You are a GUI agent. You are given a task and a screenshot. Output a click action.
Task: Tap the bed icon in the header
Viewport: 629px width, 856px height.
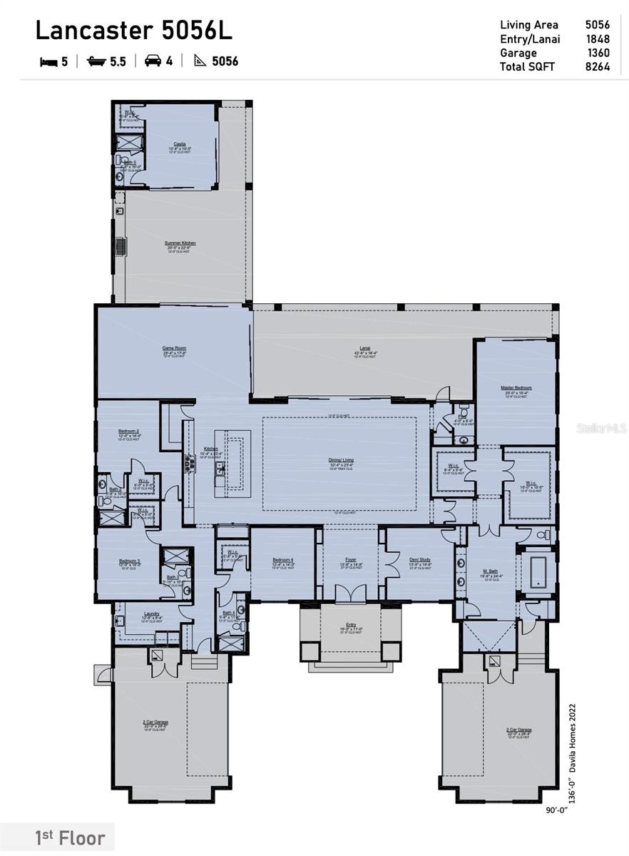coord(48,62)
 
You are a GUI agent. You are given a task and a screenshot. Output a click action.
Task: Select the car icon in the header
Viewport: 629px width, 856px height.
coord(153,61)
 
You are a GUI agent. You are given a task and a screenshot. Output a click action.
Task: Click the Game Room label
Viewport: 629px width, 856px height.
coord(174,348)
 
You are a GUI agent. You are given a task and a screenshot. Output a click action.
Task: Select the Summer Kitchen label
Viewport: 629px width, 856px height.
coord(180,243)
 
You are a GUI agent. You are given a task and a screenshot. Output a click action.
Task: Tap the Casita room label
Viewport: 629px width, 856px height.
coord(180,143)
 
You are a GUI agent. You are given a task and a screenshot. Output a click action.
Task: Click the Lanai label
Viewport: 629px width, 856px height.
coord(364,348)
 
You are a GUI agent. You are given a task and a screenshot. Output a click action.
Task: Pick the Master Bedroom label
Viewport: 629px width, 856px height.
coord(516,388)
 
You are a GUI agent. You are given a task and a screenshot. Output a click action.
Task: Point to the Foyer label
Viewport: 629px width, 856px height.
coord(351,560)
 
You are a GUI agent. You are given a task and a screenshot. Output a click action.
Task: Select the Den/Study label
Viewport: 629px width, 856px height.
coord(419,560)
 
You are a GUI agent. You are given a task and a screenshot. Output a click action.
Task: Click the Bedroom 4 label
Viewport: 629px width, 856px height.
coord(282,560)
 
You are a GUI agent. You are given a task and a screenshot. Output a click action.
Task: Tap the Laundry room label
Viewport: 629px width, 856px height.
coord(151,613)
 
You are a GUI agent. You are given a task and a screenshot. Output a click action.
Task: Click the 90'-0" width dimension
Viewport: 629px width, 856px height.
coord(557,810)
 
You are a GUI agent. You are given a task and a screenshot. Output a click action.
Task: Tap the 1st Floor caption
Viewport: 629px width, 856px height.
coord(70,838)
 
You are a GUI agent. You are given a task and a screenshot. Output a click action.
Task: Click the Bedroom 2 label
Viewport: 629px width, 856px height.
coord(128,432)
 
